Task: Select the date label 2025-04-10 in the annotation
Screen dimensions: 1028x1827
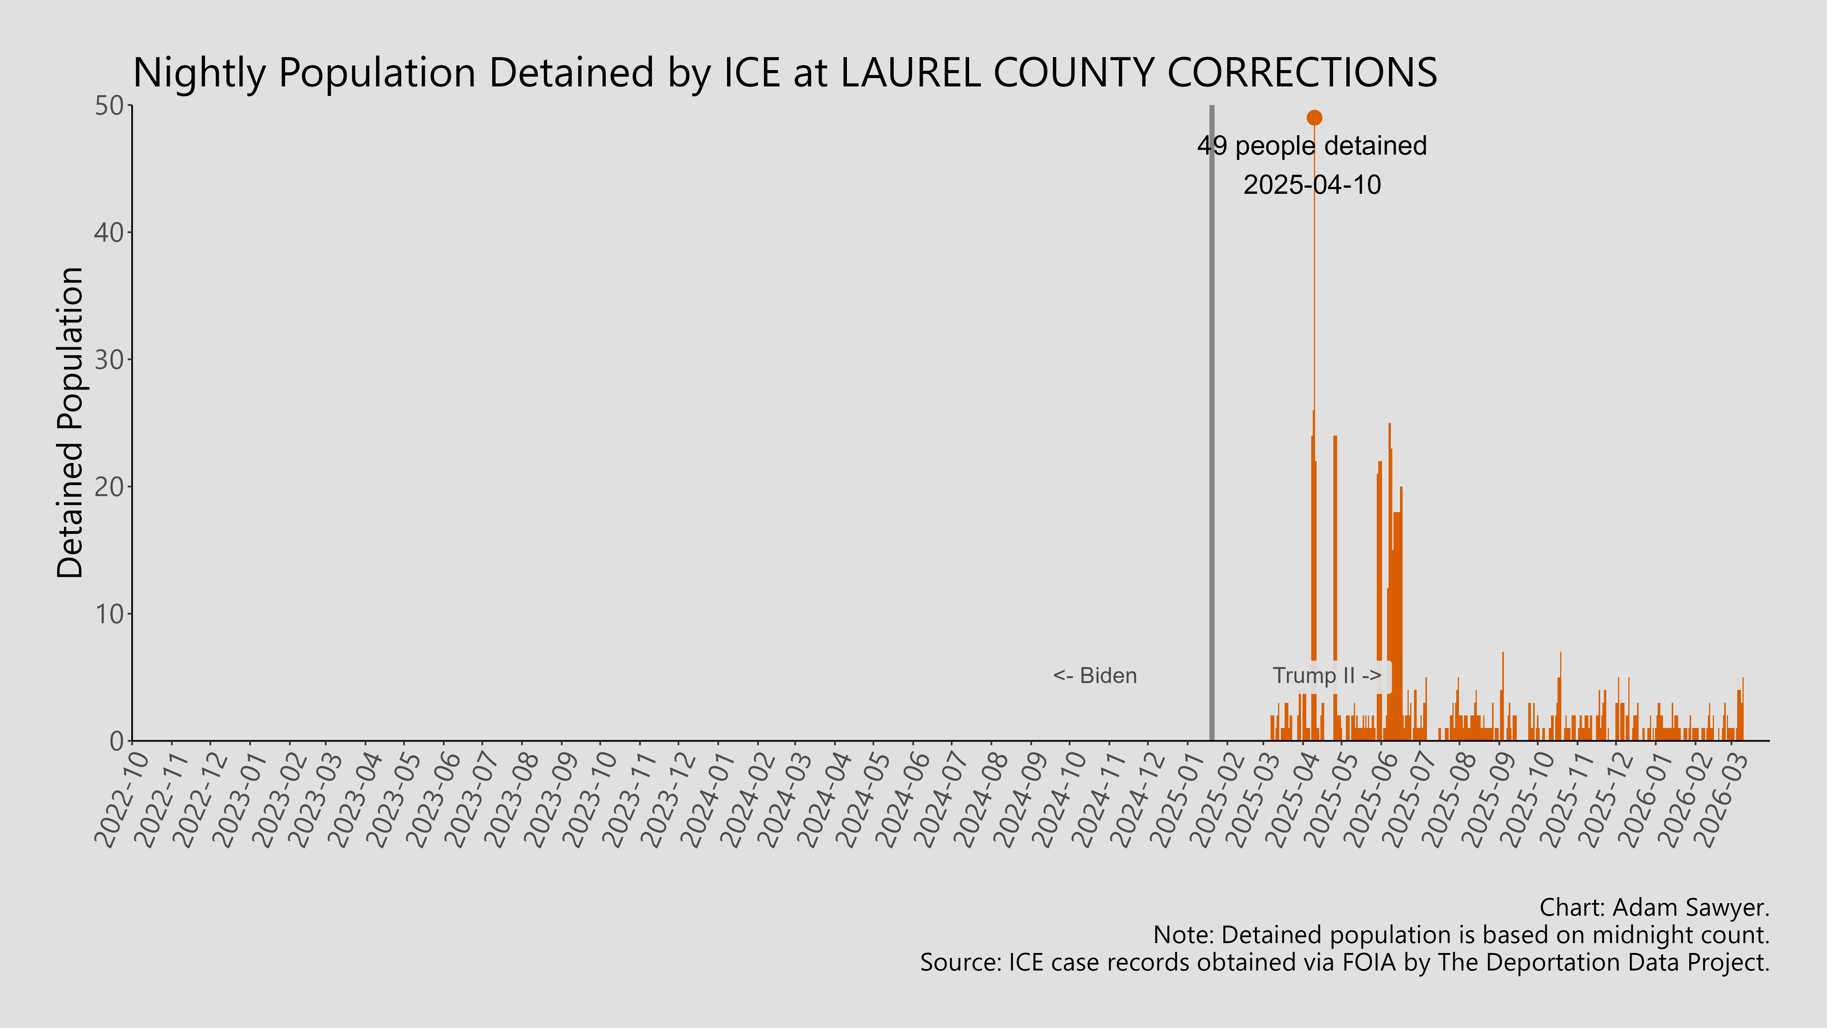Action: coord(1312,185)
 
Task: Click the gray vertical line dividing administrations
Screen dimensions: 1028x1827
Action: coord(1212,426)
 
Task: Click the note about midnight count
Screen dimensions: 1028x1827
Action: coord(1461,935)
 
